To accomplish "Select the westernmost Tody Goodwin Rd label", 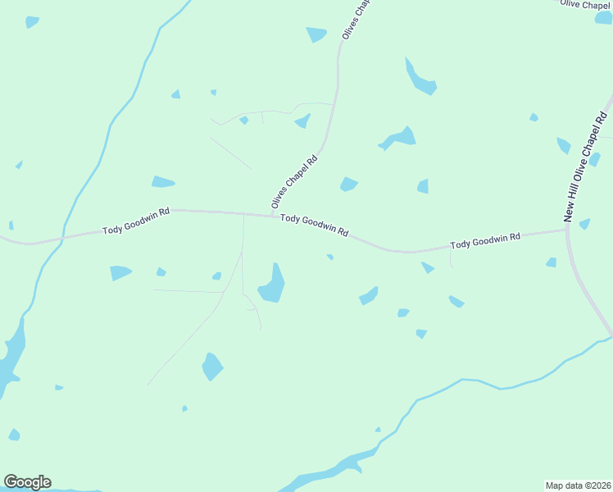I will tap(136, 221).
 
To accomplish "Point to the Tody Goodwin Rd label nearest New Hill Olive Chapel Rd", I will tap(485, 241).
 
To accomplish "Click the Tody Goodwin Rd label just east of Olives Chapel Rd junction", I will tap(314, 225).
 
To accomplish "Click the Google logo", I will tap(27, 482).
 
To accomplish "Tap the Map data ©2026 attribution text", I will tap(579, 485).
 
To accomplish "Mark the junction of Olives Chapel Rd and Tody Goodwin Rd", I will tap(272, 216).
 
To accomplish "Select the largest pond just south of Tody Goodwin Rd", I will tap(272, 285).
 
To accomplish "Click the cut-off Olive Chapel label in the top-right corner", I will tap(583, 5).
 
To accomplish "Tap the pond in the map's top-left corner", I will tap(31, 22).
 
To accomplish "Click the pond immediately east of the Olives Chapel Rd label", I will tap(349, 184).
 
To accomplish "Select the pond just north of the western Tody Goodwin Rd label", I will tap(163, 182).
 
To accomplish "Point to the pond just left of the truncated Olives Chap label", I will tap(316, 34).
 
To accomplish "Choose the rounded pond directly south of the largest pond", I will tap(212, 366).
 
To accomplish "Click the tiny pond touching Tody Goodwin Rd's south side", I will tap(329, 257).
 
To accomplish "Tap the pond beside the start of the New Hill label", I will tap(584, 224).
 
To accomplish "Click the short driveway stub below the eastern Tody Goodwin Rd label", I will tap(451, 259).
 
